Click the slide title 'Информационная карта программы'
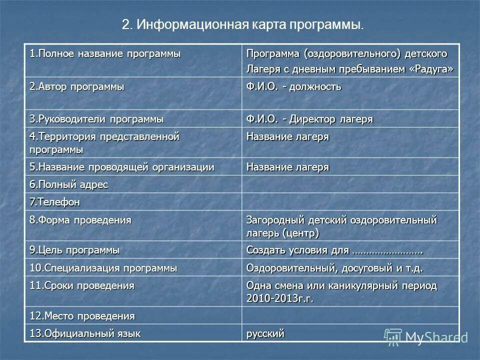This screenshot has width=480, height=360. coord(242,25)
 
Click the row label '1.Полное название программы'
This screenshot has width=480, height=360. coord(105,53)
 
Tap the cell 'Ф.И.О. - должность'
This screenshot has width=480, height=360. coord(294,86)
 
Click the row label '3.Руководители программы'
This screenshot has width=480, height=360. coord(96,119)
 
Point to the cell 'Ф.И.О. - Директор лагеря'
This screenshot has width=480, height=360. coord(309,119)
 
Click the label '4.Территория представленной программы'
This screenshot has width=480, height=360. coord(104,142)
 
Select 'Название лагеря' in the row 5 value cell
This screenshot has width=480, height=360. coord(287,167)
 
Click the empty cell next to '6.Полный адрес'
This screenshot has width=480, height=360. coord(350,184)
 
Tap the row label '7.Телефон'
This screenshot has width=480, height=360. coord(54,202)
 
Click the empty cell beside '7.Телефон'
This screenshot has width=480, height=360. coord(350,201)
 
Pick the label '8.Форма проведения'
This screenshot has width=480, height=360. coord(80,220)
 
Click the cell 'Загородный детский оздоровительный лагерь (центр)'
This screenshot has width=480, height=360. coord(341,226)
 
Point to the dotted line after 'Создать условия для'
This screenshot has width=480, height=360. coord(387,250)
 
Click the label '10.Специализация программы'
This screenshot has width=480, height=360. coord(103,267)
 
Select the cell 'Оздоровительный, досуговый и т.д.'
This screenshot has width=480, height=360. coord(334,267)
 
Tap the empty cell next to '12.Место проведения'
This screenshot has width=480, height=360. coord(350,315)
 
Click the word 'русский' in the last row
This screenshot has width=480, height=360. coord(265,333)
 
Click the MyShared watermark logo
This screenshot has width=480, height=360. coord(425,337)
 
